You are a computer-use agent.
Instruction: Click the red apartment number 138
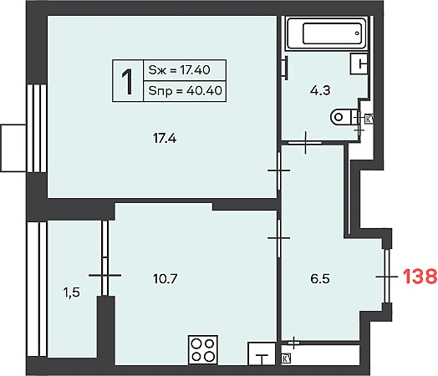[420, 277]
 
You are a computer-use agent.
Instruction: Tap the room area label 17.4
[165, 138]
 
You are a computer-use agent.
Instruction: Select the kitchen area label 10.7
[166, 278]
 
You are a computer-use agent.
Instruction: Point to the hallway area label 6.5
[320, 278]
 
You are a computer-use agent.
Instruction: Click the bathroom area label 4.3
[320, 90]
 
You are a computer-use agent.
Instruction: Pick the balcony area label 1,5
[72, 292]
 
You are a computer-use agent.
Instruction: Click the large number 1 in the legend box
[127, 83]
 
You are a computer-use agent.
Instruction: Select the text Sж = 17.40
[179, 70]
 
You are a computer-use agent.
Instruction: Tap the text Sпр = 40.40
[185, 91]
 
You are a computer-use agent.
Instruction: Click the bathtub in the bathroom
[326, 33]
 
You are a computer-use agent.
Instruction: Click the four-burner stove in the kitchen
[203, 350]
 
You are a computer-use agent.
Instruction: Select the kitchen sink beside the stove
[262, 353]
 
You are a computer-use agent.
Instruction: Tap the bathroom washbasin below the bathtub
[359, 64]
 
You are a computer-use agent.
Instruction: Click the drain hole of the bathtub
[357, 33]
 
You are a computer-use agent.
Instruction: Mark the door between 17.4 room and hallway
[279, 170]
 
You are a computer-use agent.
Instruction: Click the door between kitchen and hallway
[279, 238]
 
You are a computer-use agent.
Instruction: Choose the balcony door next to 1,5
[104, 275]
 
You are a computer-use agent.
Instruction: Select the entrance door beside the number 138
[387, 277]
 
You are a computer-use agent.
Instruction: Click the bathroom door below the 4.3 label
[305, 143]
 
